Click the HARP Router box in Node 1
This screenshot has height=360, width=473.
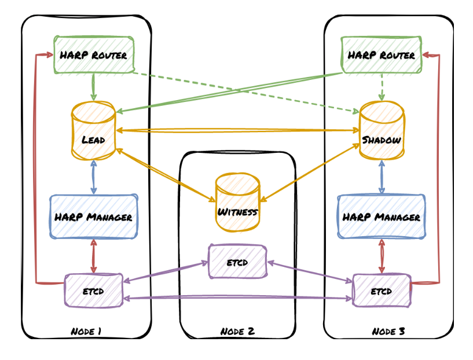(94, 56)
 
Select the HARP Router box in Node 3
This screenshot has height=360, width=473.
(381, 56)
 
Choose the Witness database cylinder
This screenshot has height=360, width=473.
(237, 203)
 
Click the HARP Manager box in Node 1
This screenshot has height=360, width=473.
(94, 217)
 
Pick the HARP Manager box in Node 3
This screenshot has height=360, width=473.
(381, 217)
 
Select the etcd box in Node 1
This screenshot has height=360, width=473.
(93, 291)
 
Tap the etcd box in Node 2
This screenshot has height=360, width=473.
(237, 262)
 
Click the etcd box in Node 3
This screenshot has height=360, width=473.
(382, 291)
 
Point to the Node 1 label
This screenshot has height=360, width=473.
(86, 331)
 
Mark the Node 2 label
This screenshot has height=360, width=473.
(237, 332)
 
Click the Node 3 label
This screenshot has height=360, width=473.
(388, 331)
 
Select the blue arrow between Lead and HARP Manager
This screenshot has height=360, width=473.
(93, 177)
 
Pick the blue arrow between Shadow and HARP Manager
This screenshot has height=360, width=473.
(382, 177)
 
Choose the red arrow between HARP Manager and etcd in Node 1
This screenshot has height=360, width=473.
(93, 256)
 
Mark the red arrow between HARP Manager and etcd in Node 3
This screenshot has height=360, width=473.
(382, 256)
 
